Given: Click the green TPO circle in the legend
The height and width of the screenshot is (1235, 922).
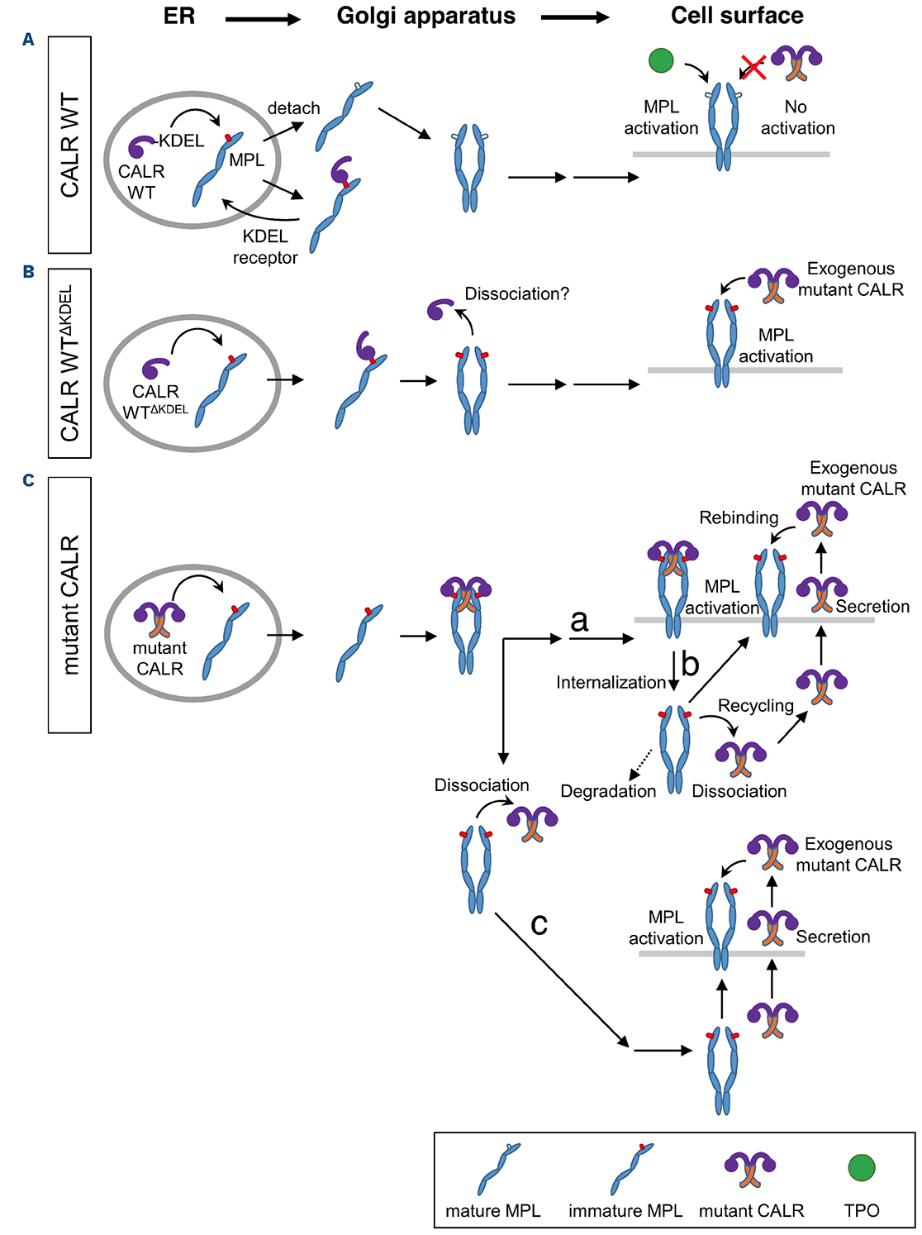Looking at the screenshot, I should click(x=862, y=1167).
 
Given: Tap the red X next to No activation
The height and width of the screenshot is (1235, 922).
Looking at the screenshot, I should click(x=753, y=67).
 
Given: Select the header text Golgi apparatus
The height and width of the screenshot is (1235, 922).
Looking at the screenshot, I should click(x=425, y=17).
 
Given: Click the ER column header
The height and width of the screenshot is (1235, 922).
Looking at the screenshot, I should click(x=179, y=17).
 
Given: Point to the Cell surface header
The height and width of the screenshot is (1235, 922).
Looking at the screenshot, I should click(x=737, y=17).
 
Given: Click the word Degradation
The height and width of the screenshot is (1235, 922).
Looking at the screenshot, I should click(x=608, y=791).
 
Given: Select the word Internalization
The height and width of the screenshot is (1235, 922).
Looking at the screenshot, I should click(x=611, y=682).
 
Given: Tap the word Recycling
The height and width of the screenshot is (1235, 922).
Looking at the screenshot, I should click(x=755, y=705).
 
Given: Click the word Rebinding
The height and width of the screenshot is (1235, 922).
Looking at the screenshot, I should click(x=739, y=517).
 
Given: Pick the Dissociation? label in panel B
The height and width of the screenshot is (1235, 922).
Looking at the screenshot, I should click(x=516, y=294).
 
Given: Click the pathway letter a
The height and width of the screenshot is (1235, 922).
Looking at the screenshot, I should click(x=580, y=620).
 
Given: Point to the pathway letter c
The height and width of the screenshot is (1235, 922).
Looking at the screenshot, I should click(x=539, y=923).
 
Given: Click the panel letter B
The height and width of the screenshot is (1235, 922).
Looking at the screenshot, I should click(x=29, y=272).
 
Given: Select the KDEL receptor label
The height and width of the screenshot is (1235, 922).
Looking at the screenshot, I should click(x=265, y=247).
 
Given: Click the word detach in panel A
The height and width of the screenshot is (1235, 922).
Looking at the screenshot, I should click(x=293, y=108).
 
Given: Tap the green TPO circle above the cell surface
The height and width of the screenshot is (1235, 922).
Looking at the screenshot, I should click(x=661, y=60).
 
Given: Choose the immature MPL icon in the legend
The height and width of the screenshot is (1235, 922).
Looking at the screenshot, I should click(x=632, y=1168).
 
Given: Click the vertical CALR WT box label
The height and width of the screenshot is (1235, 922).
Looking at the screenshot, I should click(x=69, y=145).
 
